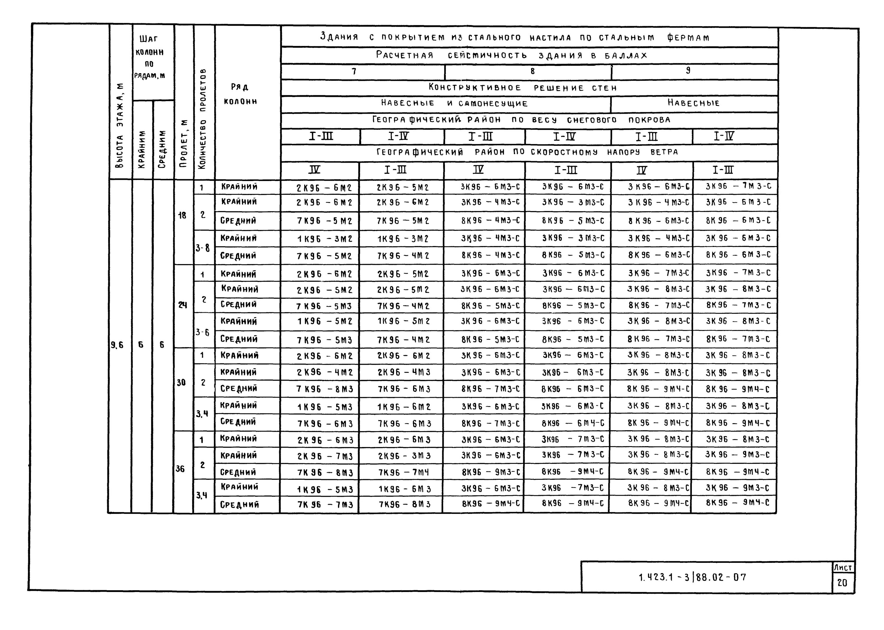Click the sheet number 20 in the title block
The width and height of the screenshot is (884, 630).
pyautogui.click(x=842, y=583)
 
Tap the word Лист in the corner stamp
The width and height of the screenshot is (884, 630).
pyautogui.click(x=843, y=568)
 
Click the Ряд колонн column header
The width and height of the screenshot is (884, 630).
pyautogui.click(x=240, y=94)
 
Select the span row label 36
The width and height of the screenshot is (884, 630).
pyautogui.click(x=180, y=469)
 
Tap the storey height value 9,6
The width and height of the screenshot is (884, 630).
pyautogui.click(x=117, y=344)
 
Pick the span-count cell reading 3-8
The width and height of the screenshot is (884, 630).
pyautogui.click(x=202, y=247)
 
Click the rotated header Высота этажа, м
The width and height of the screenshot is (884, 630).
pyautogui.click(x=120, y=126)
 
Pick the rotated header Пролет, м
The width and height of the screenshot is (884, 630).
pyautogui.click(x=183, y=143)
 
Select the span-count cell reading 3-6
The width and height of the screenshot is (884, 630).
pyautogui.click(x=202, y=332)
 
